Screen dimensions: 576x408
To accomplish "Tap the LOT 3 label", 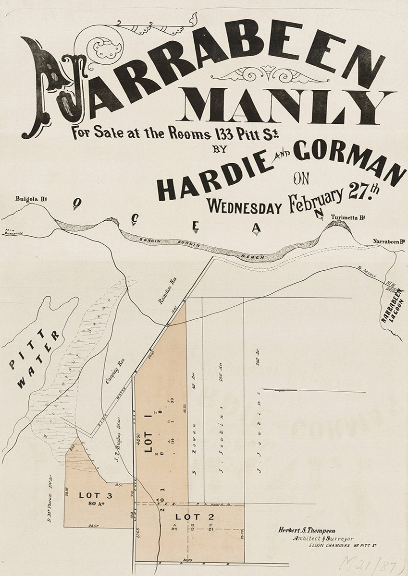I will (x=92, y=495).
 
